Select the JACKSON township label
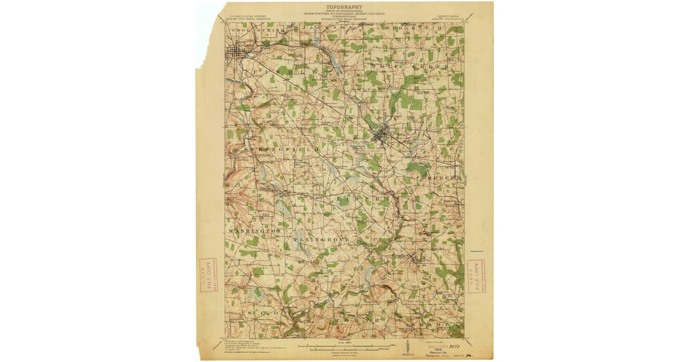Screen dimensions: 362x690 (x=325, y=27)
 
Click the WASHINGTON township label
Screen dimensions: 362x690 (x=254, y=230)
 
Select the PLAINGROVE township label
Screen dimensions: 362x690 (x=322, y=238)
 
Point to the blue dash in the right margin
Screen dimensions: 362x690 (x=477, y=252)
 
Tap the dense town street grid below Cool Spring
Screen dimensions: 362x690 (x=236, y=53)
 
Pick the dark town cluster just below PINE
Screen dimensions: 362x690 (x=381, y=136)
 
